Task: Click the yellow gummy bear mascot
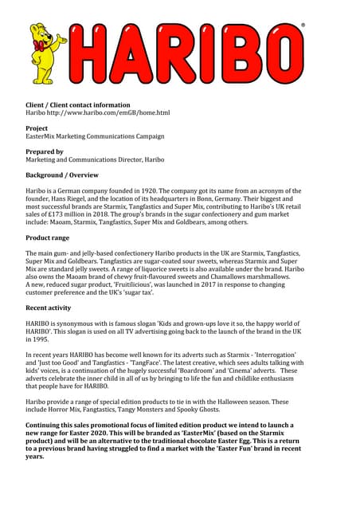(x=49, y=52)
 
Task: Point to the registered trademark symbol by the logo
(x=303, y=25)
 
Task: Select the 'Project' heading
(x=37, y=127)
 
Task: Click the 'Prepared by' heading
(x=45, y=151)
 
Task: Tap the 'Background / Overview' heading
(x=63, y=175)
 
